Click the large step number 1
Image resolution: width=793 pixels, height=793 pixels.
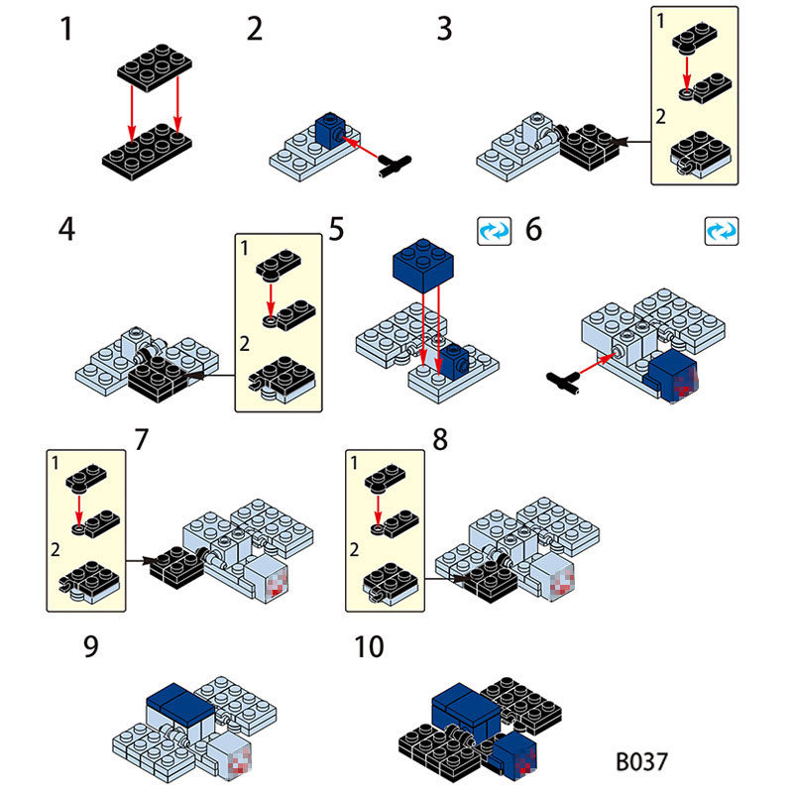pyautogui.click(x=66, y=29)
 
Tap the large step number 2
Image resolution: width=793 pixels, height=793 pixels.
pyautogui.click(x=255, y=29)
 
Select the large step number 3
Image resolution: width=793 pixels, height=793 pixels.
pyautogui.click(x=444, y=29)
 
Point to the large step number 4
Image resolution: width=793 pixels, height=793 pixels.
pyautogui.click(x=66, y=229)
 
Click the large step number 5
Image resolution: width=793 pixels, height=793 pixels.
pyautogui.click(x=336, y=229)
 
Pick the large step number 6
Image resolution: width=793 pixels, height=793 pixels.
pyautogui.click(x=533, y=229)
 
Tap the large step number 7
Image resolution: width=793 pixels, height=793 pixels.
pyautogui.click(x=141, y=439)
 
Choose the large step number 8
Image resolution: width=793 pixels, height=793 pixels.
pyautogui.click(x=440, y=439)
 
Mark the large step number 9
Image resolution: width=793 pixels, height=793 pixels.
pyautogui.click(x=91, y=646)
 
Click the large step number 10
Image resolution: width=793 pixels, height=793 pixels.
pyautogui.click(x=369, y=646)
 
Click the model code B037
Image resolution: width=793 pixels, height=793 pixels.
pyautogui.click(x=641, y=761)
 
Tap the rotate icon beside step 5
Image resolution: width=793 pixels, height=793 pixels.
pyautogui.click(x=494, y=232)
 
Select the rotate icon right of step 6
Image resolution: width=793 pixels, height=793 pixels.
pyautogui.click(x=722, y=232)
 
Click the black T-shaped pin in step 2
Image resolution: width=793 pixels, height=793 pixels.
pyautogui.click(x=395, y=166)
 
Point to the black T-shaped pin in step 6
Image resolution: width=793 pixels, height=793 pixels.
pyautogui.click(x=563, y=382)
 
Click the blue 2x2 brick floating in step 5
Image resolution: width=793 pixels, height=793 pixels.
pyautogui.click(x=423, y=266)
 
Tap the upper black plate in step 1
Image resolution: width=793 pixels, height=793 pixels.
pyautogui.click(x=155, y=67)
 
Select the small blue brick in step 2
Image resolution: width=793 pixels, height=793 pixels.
pyautogui.click(x=330, y=130)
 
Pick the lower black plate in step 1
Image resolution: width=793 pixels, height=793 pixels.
pyautogui.click(x=147, y=152)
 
